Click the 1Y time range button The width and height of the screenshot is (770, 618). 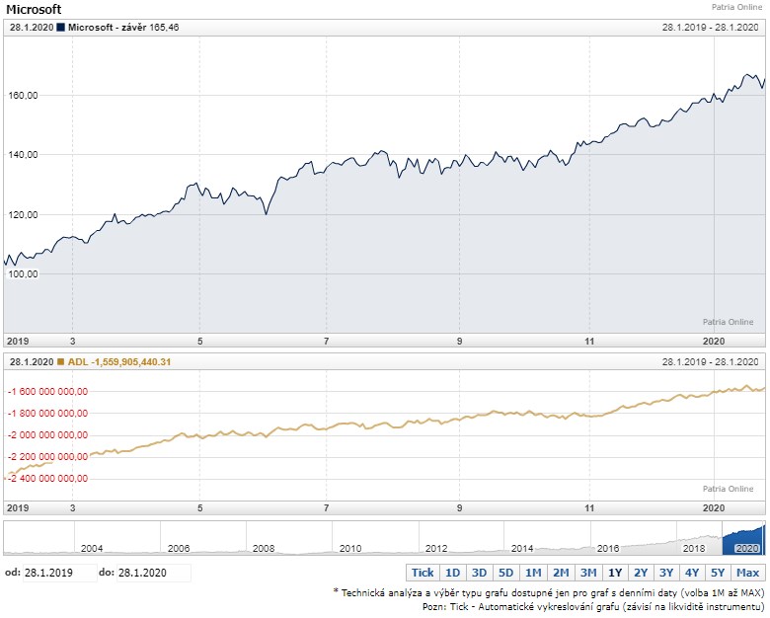(615, 573)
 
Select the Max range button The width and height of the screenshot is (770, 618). (748, 573)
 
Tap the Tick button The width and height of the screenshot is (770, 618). (423, 573)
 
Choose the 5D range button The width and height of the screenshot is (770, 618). (505, 573)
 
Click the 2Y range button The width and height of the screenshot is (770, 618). (642, 573)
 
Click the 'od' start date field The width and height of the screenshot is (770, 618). (59, 573)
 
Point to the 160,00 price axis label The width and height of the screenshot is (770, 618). (22, 96)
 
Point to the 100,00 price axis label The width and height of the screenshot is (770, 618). (22, 274)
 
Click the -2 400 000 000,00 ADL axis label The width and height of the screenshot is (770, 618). (47, 479)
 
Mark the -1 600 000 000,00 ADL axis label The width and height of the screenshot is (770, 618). (47, 392)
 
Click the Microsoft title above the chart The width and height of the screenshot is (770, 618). (34, 10)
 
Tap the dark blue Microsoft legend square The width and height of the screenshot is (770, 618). (62, 28)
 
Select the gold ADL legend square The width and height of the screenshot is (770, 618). (62, 362)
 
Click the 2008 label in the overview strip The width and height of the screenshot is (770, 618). (264, 548)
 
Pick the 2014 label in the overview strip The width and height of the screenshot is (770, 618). (522, 548)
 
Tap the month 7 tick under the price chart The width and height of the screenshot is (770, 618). (327, 341)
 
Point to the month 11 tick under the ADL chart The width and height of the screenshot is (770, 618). (590, 507)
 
